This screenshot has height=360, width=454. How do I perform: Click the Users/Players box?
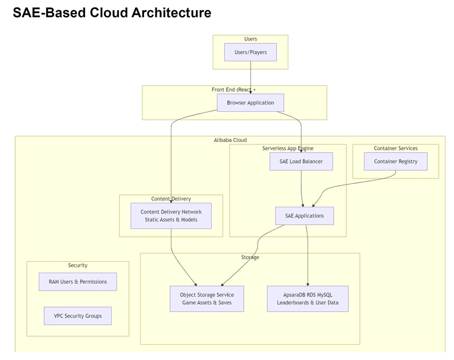[x=250, y=52]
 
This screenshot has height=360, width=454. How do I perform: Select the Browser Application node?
[x=250, y=103]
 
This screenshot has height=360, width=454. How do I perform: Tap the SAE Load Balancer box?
[x=301, y=161]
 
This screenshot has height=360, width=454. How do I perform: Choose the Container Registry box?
[x=396, y=161]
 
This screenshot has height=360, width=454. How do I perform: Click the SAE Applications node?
[x=304, y=216]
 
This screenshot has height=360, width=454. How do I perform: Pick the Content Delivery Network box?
[x=171, y=216]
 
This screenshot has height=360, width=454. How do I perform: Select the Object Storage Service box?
[x=207, y=299]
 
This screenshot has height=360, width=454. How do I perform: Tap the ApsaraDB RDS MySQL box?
[x=308, y=299]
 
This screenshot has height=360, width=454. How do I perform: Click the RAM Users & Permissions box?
[x=78, y=282]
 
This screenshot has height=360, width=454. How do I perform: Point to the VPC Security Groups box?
[x=78, y=316]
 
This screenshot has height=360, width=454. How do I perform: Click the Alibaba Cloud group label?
[x=230, y=140]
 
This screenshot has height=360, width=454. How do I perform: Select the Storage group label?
[x=250, y=257]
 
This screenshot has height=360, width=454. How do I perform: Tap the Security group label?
[x=78, y=265]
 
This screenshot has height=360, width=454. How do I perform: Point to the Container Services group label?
[x=396, y=148]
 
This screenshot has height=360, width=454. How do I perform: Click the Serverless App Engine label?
[x=288, y=148]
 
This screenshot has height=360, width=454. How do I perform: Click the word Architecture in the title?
[x=171, y=12]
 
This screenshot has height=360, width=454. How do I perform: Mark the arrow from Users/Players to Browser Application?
[x=250, y=77]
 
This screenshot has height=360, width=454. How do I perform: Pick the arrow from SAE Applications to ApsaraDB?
[x=307, y=255]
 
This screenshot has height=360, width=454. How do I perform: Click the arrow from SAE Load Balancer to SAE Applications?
[x=301, y=189]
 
